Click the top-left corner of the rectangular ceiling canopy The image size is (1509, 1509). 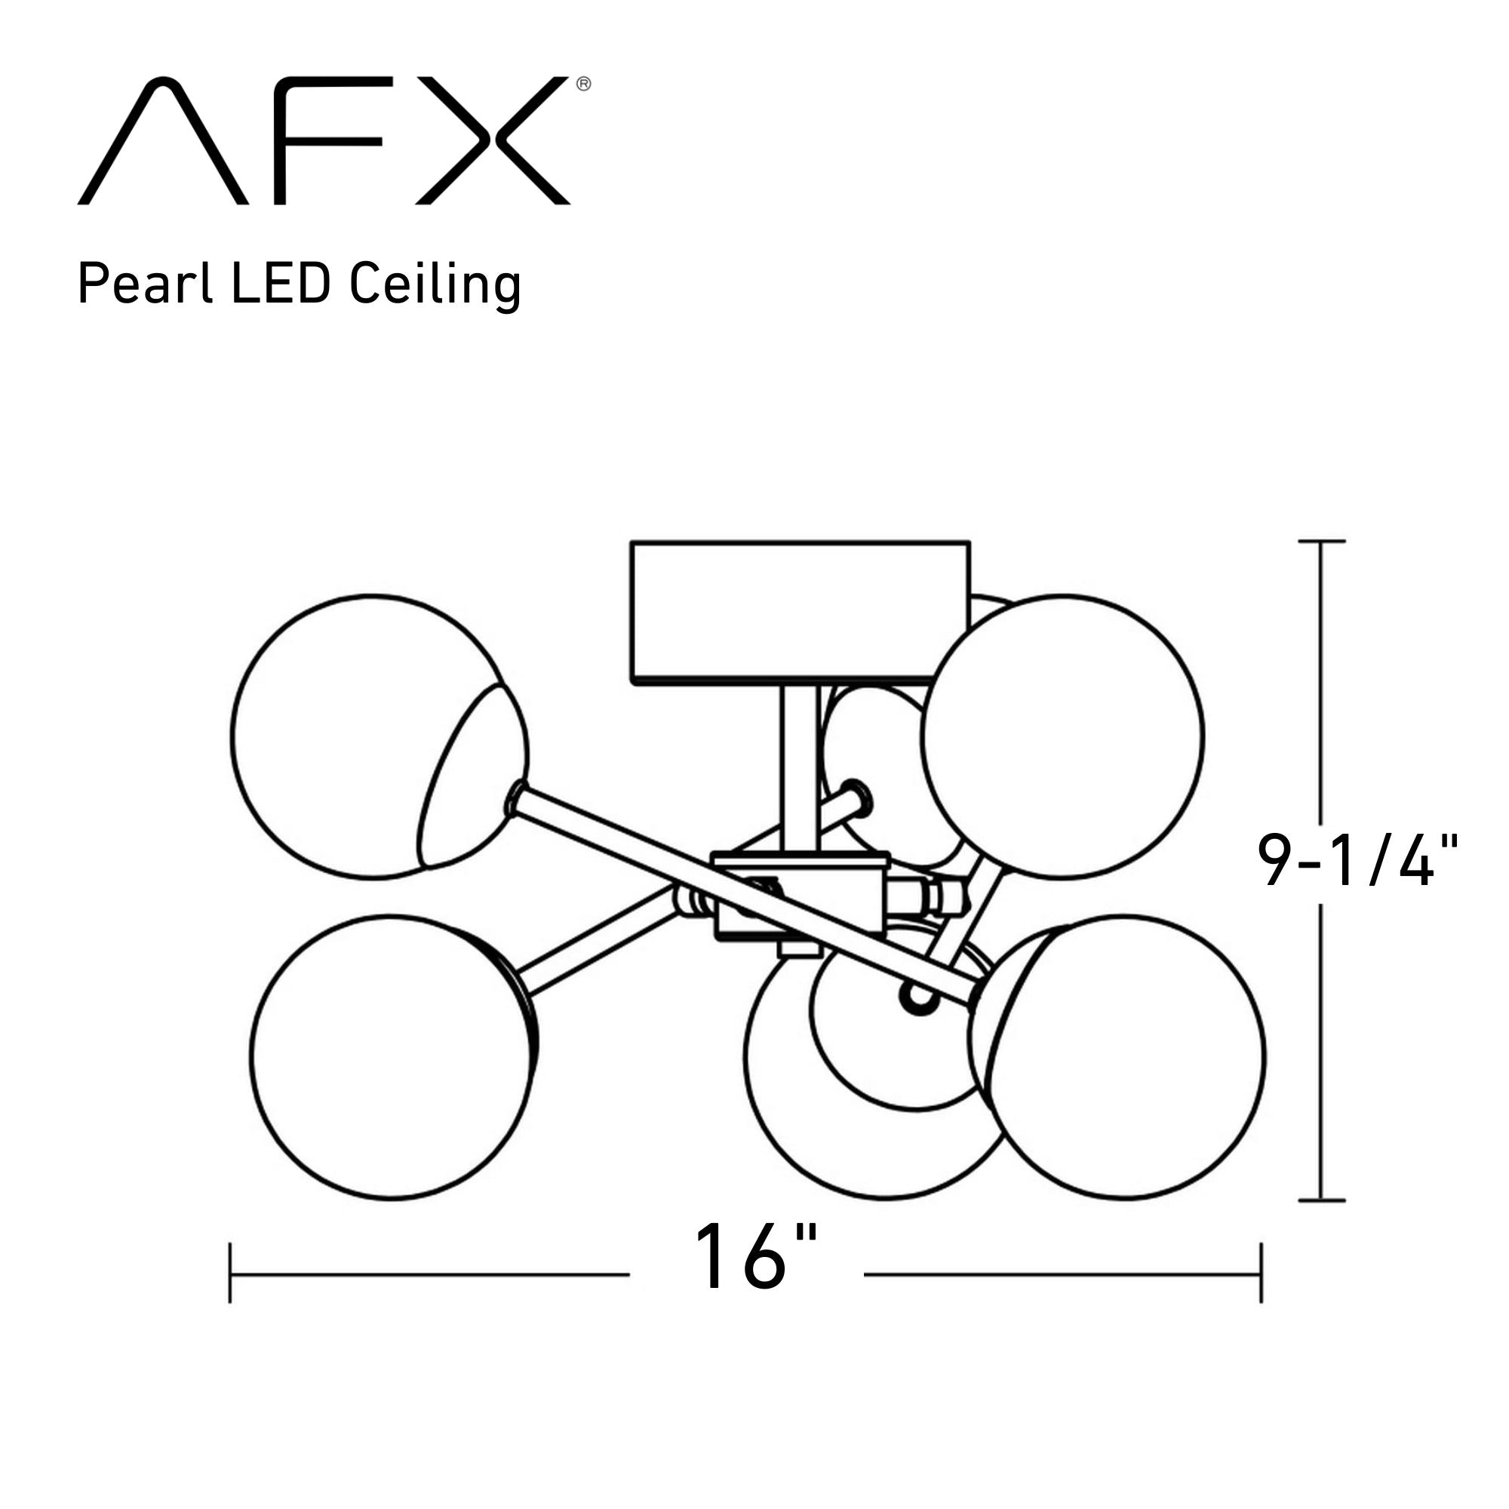(632, 541)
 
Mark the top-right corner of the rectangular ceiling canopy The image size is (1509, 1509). (970, 541)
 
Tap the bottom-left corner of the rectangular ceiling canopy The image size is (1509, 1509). (632, 684)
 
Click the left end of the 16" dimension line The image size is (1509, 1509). (230, 1274)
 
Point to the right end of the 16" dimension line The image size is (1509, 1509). (1261, 1274)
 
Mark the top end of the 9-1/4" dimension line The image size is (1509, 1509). (1321, 540)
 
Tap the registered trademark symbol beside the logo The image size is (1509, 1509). (583, 85)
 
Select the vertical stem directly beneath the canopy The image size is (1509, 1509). (801, 769)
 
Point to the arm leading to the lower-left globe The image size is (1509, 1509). (598, 942)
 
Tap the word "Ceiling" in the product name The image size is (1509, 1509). (435, 287)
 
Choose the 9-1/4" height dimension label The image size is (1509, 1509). (1357, 861)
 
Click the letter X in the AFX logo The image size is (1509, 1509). (493, 140)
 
